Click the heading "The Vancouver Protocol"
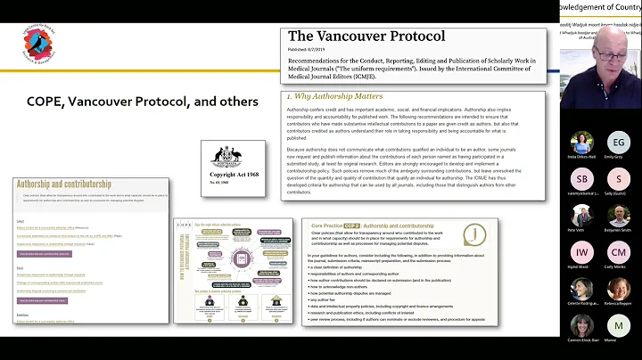coord(366,37)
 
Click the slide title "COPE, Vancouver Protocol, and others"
coord(143,102)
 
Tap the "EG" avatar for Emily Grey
coord(618,142)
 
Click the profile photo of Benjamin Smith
coord(618,215)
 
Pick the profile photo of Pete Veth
coord(583,215)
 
